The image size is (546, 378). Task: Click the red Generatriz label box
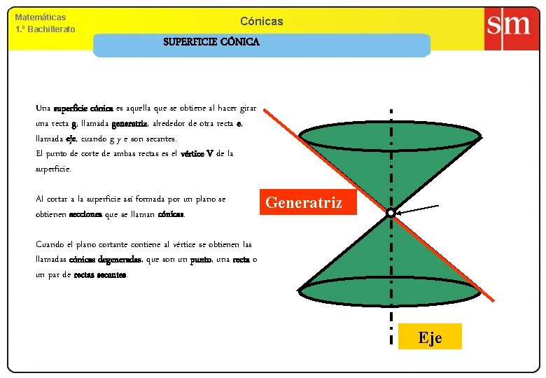pos(304,202)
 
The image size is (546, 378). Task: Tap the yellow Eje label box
pos(430,337)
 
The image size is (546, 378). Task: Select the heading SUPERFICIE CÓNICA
pos(211,42)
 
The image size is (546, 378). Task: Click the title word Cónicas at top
pos(261,21)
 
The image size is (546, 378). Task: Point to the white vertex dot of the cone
pos(391,212)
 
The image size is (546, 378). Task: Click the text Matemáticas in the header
pos(41,17)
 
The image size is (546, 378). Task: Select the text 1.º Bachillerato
pos(45,29)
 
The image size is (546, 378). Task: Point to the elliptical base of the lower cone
pos(390,294)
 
